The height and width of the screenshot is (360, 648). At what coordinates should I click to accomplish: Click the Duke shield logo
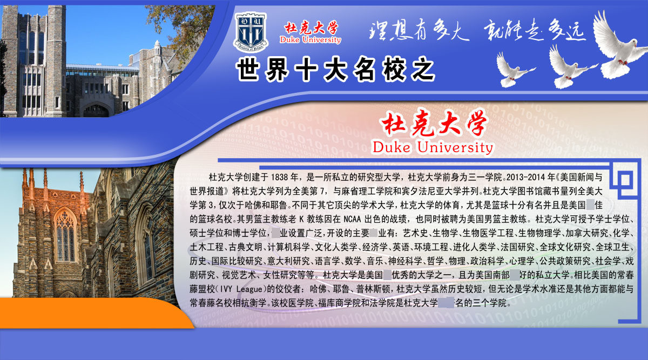coord(249,31)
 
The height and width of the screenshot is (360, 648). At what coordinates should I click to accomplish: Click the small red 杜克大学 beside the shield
coord(311,27)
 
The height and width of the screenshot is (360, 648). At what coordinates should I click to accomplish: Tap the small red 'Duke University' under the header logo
coord(310,40)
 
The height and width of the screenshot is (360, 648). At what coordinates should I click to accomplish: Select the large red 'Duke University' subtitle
coord(433,147)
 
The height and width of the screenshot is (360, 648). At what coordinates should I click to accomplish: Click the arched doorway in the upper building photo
coord(96,110)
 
